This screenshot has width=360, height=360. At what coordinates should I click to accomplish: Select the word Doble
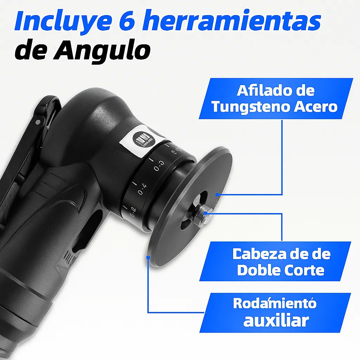coord(258,270)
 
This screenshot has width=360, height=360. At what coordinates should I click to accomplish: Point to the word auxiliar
coord(276,321)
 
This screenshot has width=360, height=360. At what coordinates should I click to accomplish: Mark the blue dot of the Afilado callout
coord(218,194)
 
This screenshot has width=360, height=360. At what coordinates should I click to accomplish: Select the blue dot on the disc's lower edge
coord(148,258)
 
